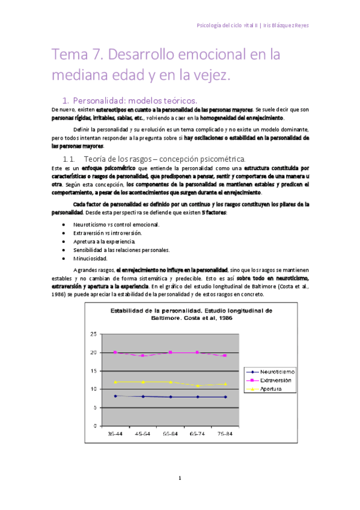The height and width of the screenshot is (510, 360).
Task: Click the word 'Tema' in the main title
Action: (x=70, y=55)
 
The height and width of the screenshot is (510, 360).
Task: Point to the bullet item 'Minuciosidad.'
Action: (x=90, y=258)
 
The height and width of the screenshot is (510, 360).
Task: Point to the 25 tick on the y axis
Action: (x=92, y=334)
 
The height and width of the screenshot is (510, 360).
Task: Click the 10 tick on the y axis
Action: (x=92, y=389)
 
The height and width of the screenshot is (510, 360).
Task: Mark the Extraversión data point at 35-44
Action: (x=115, y=352)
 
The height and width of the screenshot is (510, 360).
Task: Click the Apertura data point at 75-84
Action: (x=226, y=384)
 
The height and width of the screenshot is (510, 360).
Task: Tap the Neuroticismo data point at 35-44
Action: (x=115, y=396)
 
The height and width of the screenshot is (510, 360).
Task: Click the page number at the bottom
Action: (x=179, y=479)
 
